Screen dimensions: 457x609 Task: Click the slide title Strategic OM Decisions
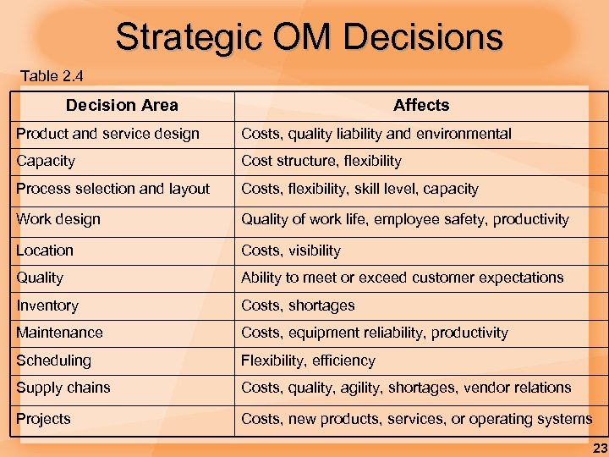[309, 36]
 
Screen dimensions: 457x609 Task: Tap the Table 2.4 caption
[52, 76]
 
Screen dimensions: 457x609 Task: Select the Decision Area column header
[122, 105]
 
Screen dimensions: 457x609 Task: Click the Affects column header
[421, 105]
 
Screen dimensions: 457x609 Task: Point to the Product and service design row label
[107, 134]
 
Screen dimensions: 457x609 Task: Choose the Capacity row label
[46, 161]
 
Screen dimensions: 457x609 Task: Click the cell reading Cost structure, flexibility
[321, 161]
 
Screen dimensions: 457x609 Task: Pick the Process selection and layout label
[112, 189]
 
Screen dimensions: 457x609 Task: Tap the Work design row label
[58, 219]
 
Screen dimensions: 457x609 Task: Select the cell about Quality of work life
[405, 219]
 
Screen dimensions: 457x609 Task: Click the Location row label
[45, 251]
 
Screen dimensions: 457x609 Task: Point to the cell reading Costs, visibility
[291, 251]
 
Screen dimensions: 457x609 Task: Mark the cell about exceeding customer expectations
[402, 278]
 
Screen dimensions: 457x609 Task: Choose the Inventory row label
[47, 306]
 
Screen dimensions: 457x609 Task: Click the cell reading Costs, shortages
[298, 306]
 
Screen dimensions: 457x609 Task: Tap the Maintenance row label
[59, 333]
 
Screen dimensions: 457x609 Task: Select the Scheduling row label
[53, 361]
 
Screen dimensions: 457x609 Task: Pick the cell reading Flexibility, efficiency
[308, 361]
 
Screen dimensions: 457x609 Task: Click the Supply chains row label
[63, 388]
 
